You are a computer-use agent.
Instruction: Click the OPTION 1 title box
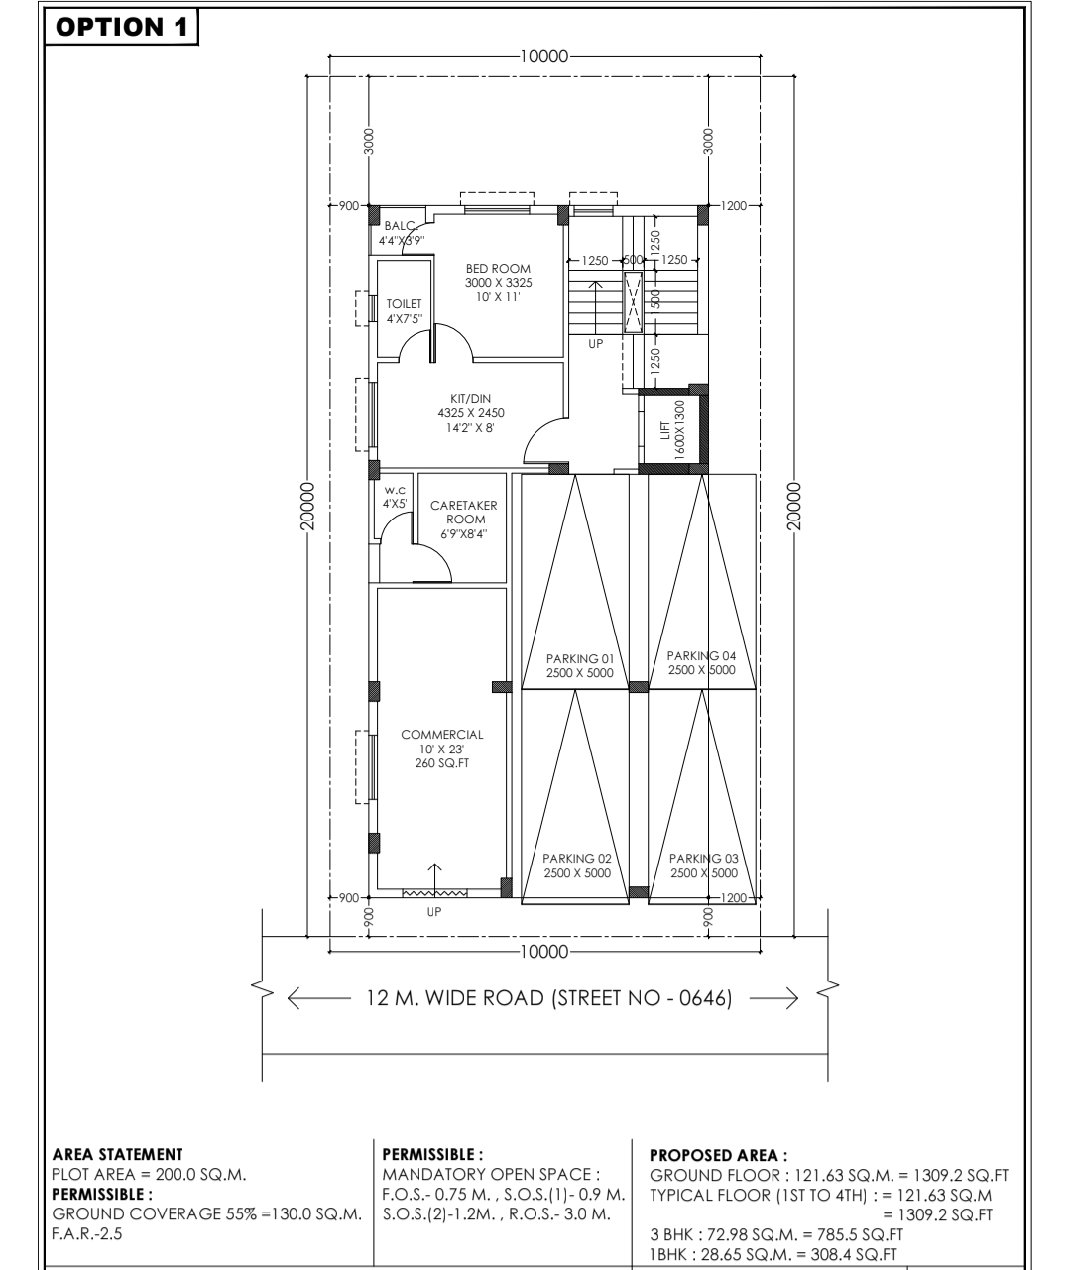(x=121, y=27)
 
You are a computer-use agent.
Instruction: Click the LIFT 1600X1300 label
(x=672, y=429)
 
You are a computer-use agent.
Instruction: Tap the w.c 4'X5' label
(x=395, y=497)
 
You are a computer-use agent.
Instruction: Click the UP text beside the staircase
(x=596, y=344)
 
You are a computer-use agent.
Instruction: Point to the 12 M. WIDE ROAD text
(x=549, y=998)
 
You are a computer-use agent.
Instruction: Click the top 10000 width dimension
(x=544, y=56)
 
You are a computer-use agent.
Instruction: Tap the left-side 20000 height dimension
(x=307, y=506)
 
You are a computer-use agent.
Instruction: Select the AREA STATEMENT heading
(x=117, y=1154)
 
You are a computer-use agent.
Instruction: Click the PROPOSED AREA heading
(x=719, y=1155)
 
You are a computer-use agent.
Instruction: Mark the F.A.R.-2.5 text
(x=87, y=1233)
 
